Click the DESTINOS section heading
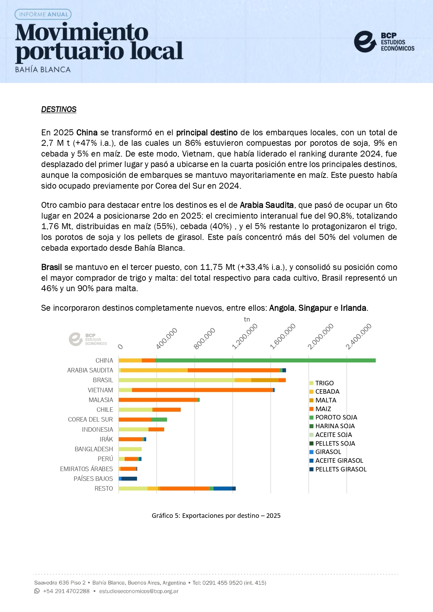point(59,109)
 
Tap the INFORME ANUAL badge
point(43,14)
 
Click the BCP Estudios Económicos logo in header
point(384,42)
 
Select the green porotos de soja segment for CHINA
point(265,360)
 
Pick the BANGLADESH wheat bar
point(130,449)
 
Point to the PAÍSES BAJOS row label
point(93,479)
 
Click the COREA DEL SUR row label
point(90,420)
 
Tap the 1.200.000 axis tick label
point(245,337)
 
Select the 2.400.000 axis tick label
point(359,337)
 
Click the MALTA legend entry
point(326,400)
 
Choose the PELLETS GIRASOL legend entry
point(341,469)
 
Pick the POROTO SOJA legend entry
point(336,417)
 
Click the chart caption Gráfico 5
point(216,515)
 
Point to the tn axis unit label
point(247,319)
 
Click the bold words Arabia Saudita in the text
point(267,205)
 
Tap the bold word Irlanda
point(353,308)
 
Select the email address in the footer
point(139,591)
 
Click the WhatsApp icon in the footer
point(37,591)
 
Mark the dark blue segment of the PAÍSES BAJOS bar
point(129,479)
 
